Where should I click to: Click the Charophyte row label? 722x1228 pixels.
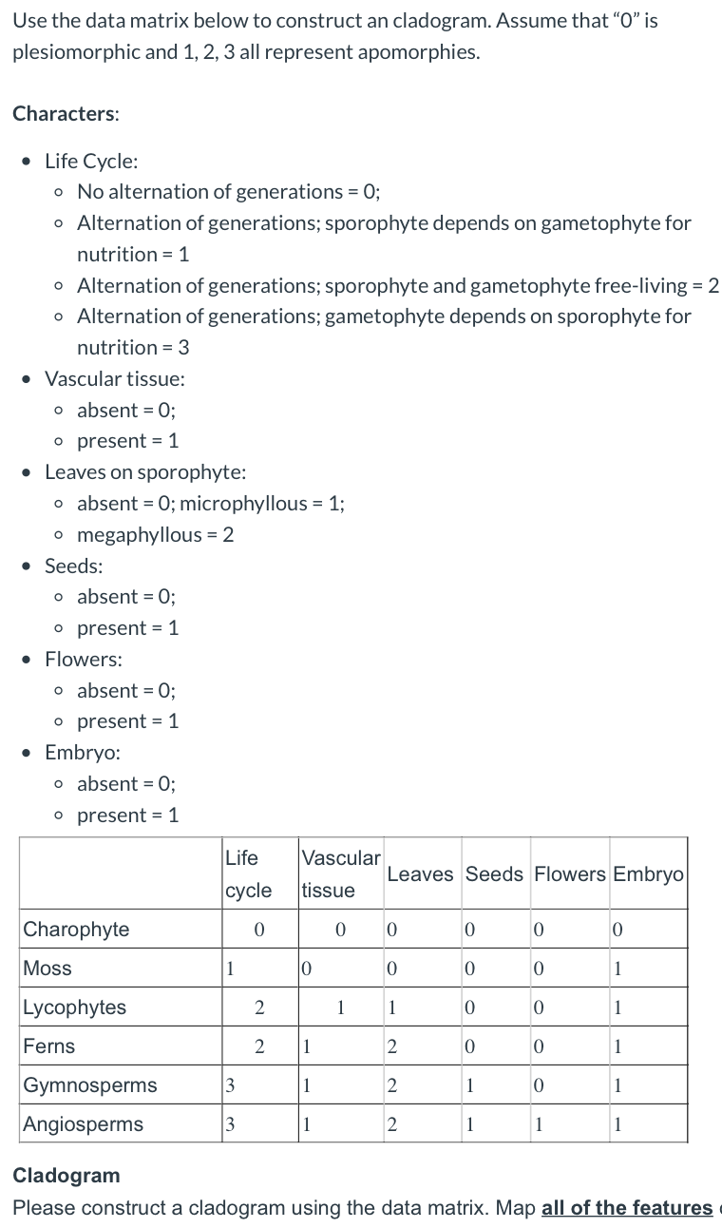[x=76, y=929]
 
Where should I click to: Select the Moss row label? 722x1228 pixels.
[x=47, y=968]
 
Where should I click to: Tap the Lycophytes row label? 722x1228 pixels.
[x=74, y=1007]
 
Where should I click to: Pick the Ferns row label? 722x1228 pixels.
[x=49, y=1046]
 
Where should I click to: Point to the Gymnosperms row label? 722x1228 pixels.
[x=90, y=1084]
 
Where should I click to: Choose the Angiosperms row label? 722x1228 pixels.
[x=84, y=1123]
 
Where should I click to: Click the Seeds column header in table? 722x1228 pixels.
[x=494, y=873]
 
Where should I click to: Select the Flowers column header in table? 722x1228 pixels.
[x=570, y=873]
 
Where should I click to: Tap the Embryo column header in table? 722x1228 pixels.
[x=648, y=873]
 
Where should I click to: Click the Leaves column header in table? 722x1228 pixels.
[x=420, y=873]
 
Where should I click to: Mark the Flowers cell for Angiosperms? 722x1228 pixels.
[x=539, y=1124]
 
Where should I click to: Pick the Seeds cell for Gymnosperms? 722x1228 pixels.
[x=469, y=1085]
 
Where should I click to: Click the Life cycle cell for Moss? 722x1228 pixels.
[x=229, y=969]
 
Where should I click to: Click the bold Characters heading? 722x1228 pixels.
[x=66, y=113]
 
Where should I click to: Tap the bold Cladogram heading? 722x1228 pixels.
[x=66, y=1175]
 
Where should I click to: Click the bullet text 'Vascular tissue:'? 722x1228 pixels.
[x=115, y=378]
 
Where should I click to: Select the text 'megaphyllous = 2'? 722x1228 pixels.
[x=156, y=534]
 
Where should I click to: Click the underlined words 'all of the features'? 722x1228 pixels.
[x=626, y=1207]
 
